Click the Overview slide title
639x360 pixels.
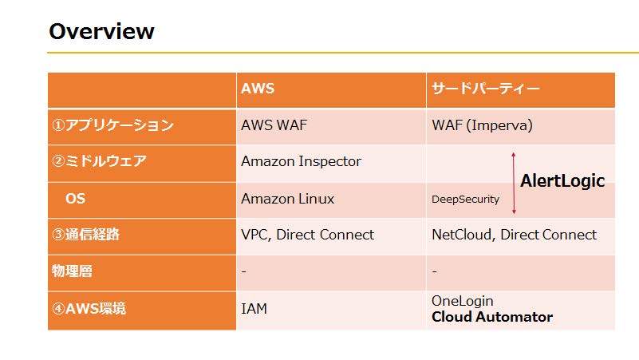click(101, 31)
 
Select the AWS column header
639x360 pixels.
click(258, 89)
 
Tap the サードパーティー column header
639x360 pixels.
click(485, 89)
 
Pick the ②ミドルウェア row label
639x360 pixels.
click(100, 161)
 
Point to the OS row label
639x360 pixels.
click(75, 198)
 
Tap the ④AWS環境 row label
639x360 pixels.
click(89, 308)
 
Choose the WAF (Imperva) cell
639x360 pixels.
click(482, 125)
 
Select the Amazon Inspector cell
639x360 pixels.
click(301, 161)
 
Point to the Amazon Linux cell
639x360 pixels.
click(287, 199)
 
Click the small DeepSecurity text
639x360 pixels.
click(465, 200)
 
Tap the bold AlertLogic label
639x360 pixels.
click(562, 181)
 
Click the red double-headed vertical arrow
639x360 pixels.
click(514, 183)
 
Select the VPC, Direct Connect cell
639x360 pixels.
click(307, 235)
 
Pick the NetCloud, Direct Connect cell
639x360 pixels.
click(514, 235)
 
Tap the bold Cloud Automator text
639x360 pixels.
click(492, 317)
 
